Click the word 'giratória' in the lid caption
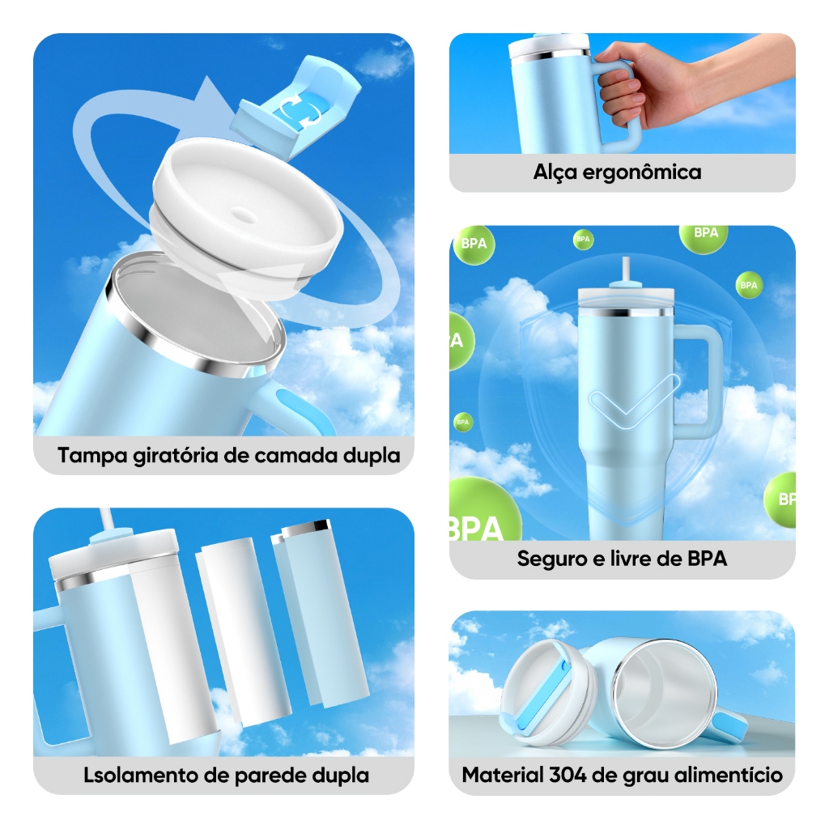(176, 457)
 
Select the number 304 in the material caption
(568, 775)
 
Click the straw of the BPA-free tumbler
(626, 270)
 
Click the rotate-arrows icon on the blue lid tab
(300, 110)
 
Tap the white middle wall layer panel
(244, 631)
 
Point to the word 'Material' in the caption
(503, 775)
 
